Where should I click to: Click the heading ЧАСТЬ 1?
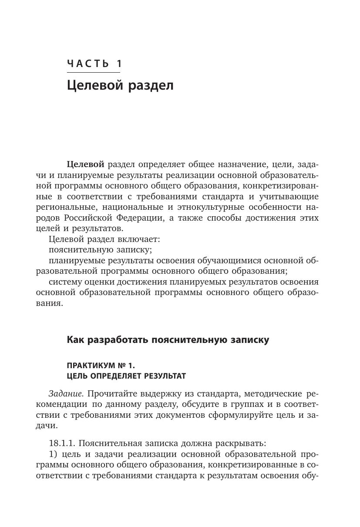[x=94, y=64]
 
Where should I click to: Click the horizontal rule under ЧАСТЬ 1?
[x=94, y=72]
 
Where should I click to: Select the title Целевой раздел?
[x=120, y=85]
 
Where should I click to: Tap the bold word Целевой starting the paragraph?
[x=85, y=164]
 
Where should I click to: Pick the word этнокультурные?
[x=223, y=207]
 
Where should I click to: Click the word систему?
[x=64, y=282]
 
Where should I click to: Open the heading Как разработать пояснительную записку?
[x=168, y=340]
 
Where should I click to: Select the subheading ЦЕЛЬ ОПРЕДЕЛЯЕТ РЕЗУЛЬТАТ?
[x=126, y=376]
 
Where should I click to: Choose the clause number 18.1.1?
[x=63, y=443]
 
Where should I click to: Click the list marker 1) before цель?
[x=54, y=454]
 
